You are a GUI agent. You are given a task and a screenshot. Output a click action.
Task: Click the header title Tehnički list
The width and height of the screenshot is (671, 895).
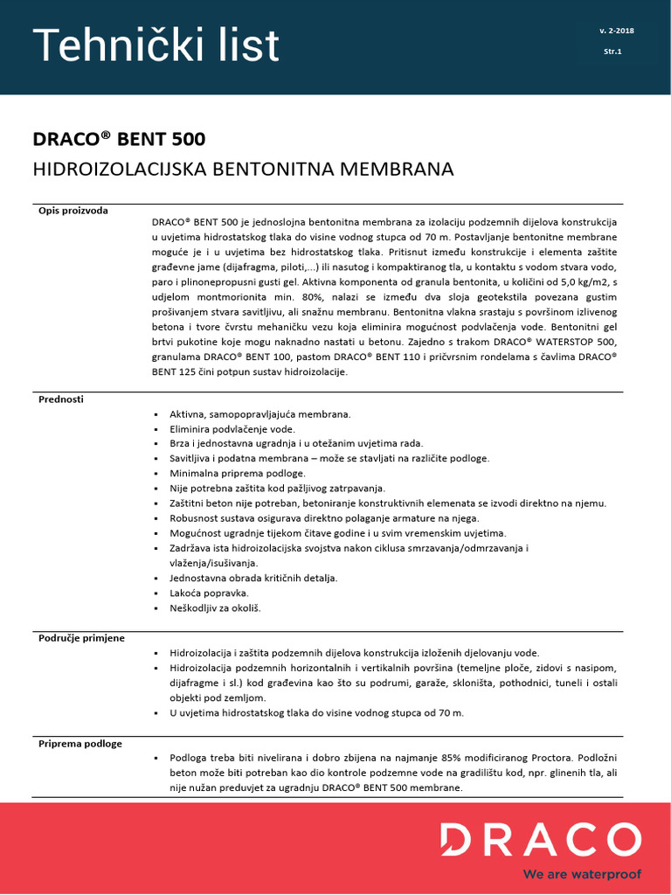coord(156,45)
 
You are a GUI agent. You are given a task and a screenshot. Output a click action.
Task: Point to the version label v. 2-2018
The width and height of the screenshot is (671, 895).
coord(617,31)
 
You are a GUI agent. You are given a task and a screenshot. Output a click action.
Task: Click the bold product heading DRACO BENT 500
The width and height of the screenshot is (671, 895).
coord(119,139)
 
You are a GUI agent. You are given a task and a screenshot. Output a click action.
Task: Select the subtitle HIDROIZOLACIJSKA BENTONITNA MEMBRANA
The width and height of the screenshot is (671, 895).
coord(243,169)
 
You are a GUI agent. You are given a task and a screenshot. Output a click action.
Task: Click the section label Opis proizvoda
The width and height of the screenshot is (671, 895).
coord(73,211)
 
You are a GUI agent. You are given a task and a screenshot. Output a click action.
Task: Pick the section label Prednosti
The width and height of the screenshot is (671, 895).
coord(61,399)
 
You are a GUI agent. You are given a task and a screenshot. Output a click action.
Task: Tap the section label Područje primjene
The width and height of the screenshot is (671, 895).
coord(81,638)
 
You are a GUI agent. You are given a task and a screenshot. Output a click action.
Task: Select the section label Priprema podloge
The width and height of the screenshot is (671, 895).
coord(80,744)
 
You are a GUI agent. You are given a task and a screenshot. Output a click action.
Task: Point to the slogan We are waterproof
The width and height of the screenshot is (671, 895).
coord(581,874)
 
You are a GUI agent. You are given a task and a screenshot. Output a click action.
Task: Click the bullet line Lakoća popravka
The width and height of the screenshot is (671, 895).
coord(203,593)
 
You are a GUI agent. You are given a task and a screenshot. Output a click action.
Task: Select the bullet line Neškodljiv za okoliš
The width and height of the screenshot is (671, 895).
coord(215,607)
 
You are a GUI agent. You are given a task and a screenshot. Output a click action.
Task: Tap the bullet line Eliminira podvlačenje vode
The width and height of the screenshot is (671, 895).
coord(232,428)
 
